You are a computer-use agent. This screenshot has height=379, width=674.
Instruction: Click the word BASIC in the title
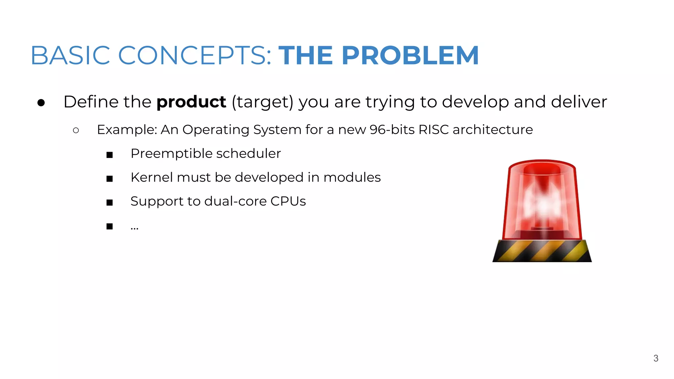tap(70, 55)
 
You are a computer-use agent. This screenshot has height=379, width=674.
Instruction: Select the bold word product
tap(191, 102)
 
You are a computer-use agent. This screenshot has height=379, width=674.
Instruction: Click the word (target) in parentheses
tap(262, 102)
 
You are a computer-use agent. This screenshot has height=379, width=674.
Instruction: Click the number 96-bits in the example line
tap(392, 130)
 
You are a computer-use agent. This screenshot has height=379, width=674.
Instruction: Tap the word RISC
tap(433, 130)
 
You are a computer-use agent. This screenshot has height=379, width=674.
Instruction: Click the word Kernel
tap(151, 177)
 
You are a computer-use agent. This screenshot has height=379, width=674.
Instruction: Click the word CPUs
tap(288, 201)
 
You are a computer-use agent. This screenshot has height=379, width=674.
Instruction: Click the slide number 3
tap(656, 358)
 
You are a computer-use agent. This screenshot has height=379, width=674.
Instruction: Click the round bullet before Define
tap(41, 103)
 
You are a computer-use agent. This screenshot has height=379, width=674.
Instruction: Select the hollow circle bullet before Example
tap(76, 131)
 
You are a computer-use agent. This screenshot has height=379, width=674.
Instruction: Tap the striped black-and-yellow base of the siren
tap(542, 251)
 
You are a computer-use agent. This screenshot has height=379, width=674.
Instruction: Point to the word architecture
tap(493, 130)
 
